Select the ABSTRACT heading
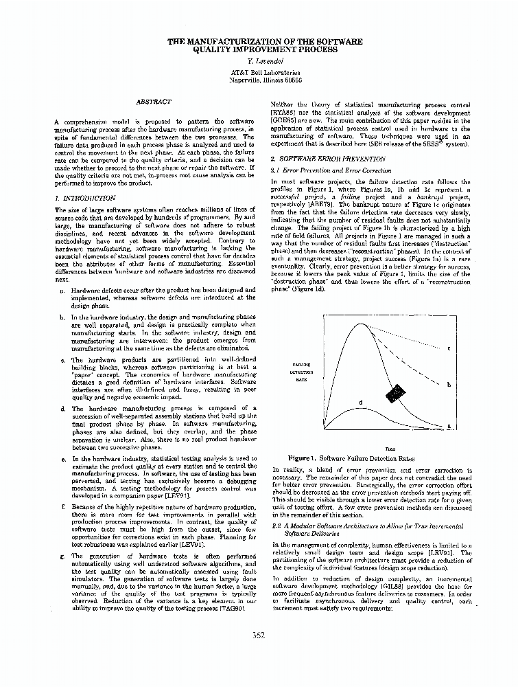coord(154,102)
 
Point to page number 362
coord(259,634)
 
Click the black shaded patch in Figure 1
coord(395,394)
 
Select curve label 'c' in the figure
coord(448,349)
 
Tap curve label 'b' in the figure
coord(448,385)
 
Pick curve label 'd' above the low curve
coord(360,401)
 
